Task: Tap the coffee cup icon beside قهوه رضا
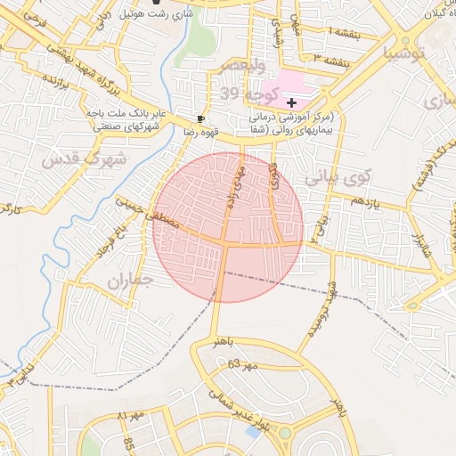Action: click(x=201, y=118)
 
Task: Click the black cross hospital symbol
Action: click(x=292, y=103)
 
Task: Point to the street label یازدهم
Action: click(x=364, y=201)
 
